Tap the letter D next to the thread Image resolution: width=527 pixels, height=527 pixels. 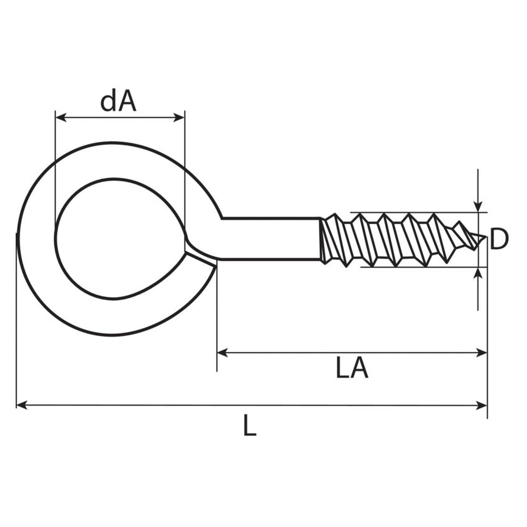click(499, 239)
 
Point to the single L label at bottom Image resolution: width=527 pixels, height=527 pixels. click(250, 426)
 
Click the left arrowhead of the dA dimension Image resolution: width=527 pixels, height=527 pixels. click(61, 118)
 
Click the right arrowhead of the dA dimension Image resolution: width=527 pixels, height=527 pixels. click(180, 118)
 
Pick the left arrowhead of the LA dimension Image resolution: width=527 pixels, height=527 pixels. click(223, 353)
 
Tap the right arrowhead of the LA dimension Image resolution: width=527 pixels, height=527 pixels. click(482, 353)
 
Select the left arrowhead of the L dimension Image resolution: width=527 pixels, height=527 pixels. click(22, 405)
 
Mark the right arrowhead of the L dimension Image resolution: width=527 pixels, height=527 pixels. click(482, 405)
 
